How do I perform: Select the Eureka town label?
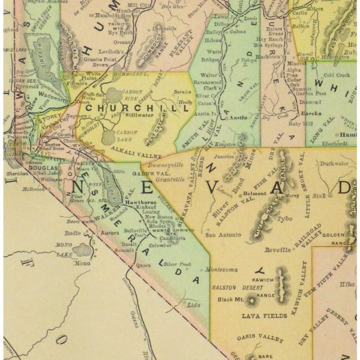pyautogui.click(x=295, y=112)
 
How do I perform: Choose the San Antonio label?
pyautogui.click(x=222, y=235)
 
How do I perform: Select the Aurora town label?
pyautogui.click(x=110, y=232)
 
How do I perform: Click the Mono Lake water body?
pyautogui.click(x=82, y=248)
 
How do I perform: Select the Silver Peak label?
pyautogui.click(x=178, y=263)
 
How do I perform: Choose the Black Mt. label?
pyautogui.click(x=230, y=299)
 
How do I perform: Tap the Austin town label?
pyautogui.click(x=238, y=118)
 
